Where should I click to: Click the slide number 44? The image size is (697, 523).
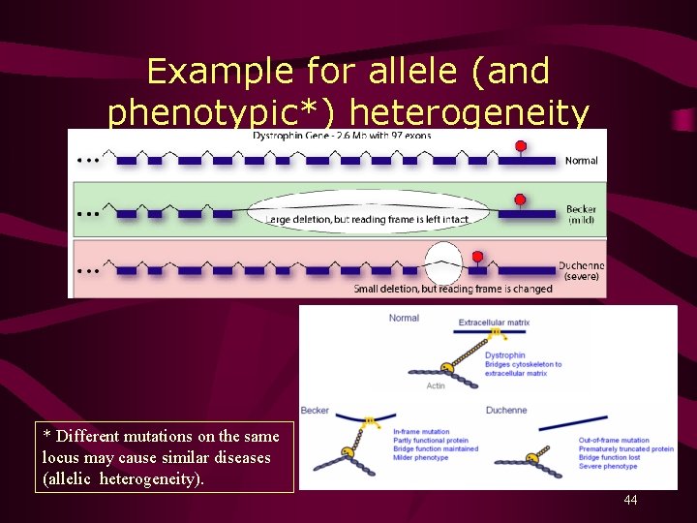click(x=630, y=501)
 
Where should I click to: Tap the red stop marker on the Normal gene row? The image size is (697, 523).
click(x=520, y=147)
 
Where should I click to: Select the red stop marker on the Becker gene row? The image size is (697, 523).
click(x=520, y=200)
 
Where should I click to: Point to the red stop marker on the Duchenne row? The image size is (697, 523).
click(x=477, y=257)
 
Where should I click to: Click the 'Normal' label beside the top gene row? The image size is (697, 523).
click(x=581, y=161)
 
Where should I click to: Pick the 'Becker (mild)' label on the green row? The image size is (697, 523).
click(x=581, y=215)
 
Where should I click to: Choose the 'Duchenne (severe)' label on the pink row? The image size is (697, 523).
click(x=581, y=271)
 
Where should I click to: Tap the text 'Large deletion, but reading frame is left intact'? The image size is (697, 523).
click(x=367, y=220)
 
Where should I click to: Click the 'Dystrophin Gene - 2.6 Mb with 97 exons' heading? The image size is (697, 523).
click(x=342, y=136)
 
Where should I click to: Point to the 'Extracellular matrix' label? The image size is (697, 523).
click(x=494, y=323)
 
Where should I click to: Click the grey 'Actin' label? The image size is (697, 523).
click(x=436, y=385)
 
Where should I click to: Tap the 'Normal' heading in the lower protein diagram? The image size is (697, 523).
click(x=404, y=318)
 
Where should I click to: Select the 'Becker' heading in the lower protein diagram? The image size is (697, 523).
click(x=315, y=411)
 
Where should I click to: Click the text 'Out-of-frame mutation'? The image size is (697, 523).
click(x=615, y=441)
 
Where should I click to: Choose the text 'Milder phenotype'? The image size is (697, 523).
click(x=421, y=458)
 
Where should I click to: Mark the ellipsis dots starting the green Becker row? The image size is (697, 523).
click(x=88, y=216)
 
